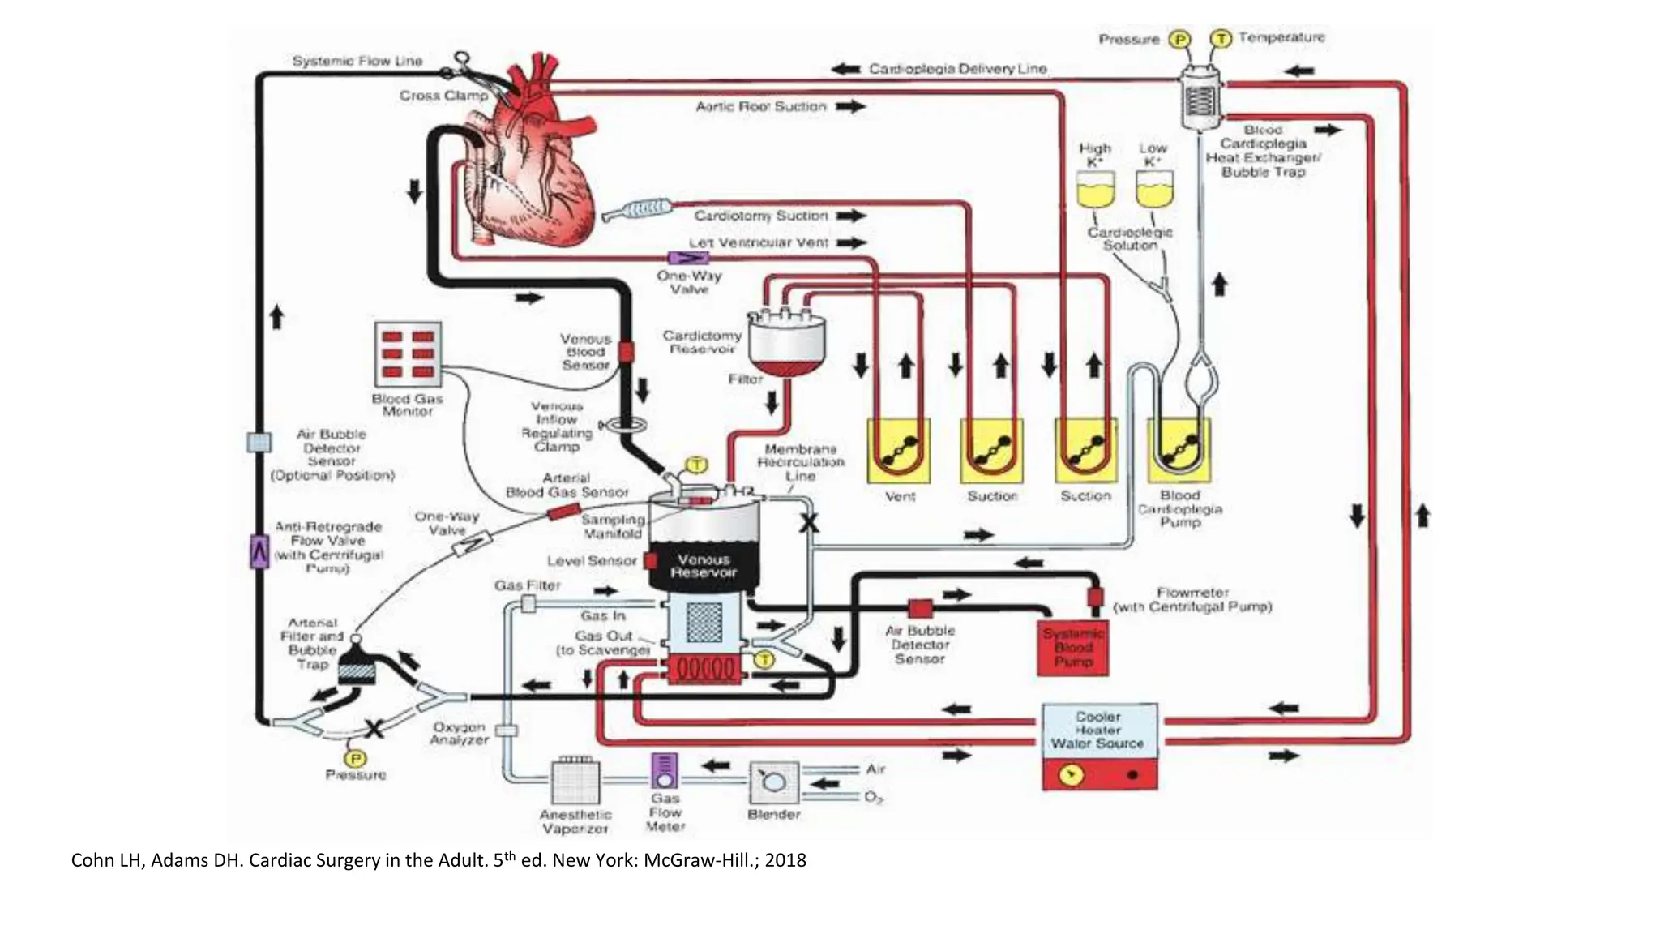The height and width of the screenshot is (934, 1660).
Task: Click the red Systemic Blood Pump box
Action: coord(1073,648)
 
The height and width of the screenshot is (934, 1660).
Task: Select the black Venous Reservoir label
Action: coord(704,566)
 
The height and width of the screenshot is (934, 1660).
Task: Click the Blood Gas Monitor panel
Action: coord(408,353)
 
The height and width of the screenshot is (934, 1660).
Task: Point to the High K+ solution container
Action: coord(1095,191)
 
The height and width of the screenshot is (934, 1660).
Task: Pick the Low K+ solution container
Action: coord(1153,191)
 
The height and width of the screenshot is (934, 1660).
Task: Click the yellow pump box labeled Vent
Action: coord(899,451)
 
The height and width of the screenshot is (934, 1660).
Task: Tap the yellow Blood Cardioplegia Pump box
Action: coord(1179,451)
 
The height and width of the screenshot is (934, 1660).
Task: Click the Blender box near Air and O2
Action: coord(773,782)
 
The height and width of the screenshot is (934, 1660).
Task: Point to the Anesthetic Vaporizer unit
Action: coord(575,782)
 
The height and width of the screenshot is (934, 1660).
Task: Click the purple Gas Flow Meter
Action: coord(665,771)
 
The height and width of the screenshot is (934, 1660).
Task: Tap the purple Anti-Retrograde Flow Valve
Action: coord(259,552)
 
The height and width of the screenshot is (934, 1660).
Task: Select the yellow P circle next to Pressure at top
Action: coord(1179,39)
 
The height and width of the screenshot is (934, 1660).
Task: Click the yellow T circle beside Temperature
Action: coord(1221,38)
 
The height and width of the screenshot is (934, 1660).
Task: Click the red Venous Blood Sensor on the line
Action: coord(626,352)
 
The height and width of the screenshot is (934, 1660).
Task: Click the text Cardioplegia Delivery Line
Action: coord(957,69)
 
